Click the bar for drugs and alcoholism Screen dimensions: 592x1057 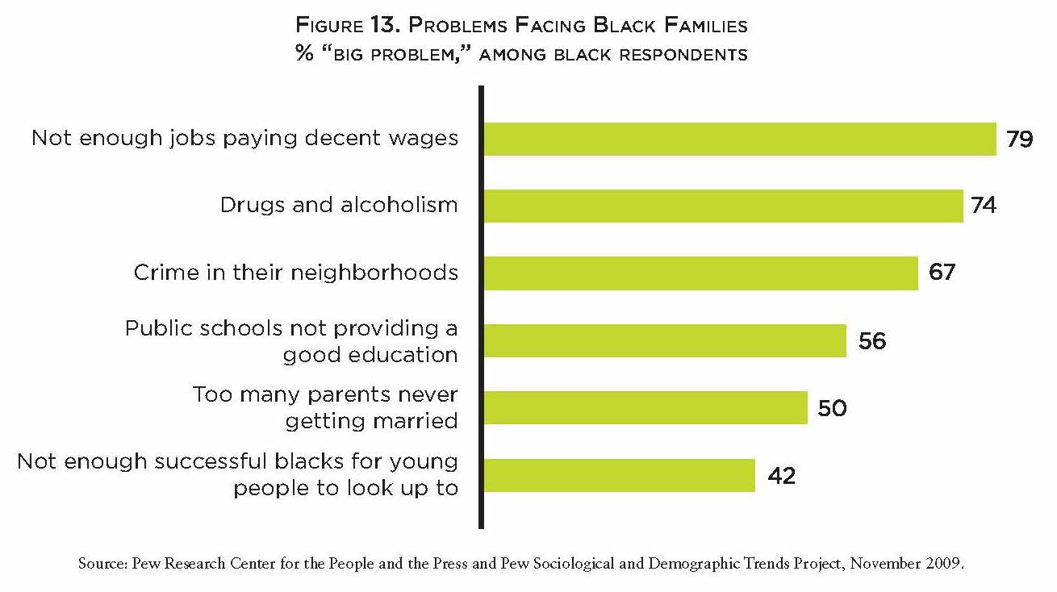point(723,206)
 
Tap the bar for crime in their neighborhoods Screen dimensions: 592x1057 point(700,273)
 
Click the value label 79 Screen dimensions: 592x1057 point(1020,139)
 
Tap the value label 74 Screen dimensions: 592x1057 point(984,206)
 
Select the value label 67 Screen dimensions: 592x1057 point(942,273)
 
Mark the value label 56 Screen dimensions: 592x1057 point(872,340)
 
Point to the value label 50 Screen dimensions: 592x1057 point(832,407)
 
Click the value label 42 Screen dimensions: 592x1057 point(780,475)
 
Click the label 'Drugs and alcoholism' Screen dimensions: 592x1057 point(339,205)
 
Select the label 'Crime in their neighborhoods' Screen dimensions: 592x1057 point(296,273)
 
